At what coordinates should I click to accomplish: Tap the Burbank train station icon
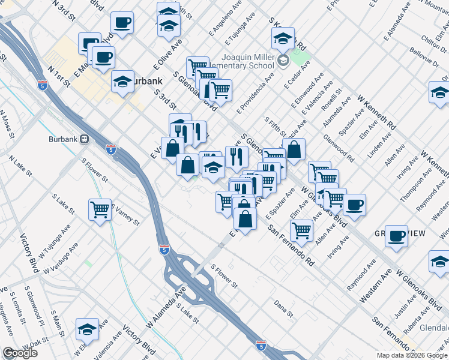coord(84,139)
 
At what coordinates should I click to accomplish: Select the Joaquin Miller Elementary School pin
coord(283,61)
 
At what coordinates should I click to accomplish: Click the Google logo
coord(20,353)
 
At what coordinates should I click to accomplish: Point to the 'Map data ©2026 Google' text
coord(412,355)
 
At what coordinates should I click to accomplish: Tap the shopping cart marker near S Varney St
coord(100,210)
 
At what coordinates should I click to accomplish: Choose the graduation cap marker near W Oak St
coord(87,329)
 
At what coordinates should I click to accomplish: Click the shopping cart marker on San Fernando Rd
coord(301,230)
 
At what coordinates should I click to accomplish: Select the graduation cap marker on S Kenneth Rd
coord(283,39)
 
